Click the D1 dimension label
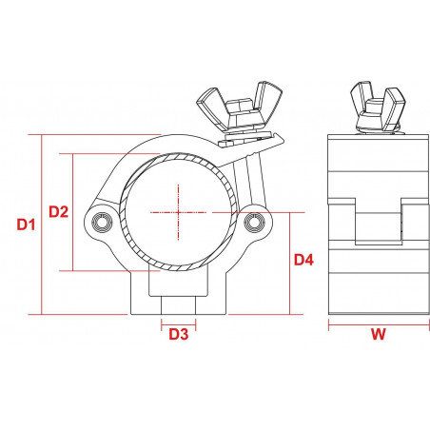click(26, 225)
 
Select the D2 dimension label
click(59, 211)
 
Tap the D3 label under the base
click(178, 334)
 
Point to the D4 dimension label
click(303, 259)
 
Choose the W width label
click(378, 334)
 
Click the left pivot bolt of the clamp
click(102, 222)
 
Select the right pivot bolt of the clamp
click(253, 222)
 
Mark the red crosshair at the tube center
click(178, 211)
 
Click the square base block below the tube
click(178, 295)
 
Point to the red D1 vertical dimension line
click(42, 225)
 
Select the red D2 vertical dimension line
click(74, 211)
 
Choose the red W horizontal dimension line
click(378, 323)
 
